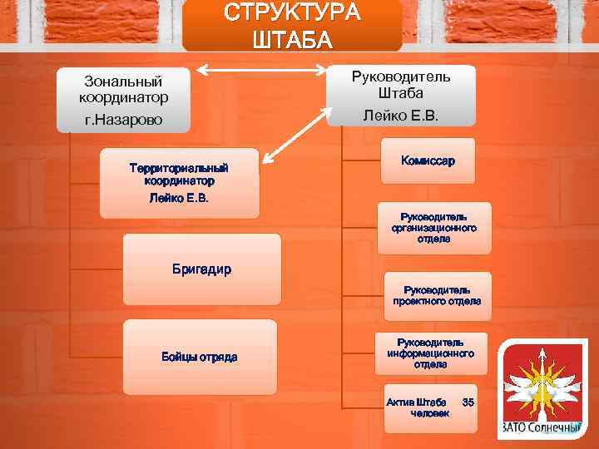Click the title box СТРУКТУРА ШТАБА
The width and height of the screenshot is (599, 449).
(291, 27)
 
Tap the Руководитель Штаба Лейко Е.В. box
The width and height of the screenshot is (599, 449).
(401, 96)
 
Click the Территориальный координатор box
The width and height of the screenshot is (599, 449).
(179, 184)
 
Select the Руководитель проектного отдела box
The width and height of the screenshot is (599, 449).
(437, 295)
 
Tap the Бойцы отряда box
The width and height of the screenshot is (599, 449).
(199, 357)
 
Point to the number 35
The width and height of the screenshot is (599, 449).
(468, 402)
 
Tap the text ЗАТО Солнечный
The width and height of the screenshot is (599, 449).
(542, 429)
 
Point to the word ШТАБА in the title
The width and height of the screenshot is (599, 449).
(291, 40)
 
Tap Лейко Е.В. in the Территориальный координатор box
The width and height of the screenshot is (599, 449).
(179, 198)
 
